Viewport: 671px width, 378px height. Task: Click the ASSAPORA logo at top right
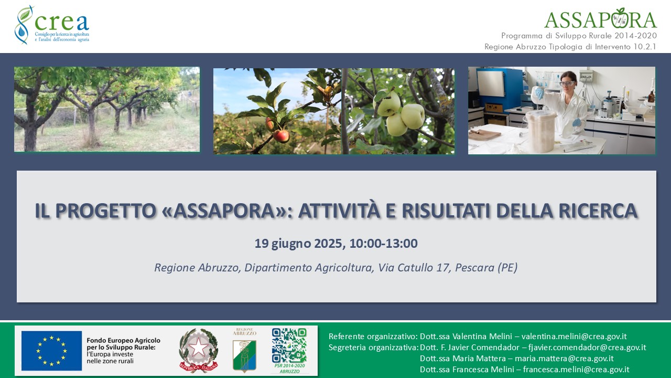[x=600, y=19]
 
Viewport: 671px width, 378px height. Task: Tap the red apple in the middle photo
[x=282, y=136]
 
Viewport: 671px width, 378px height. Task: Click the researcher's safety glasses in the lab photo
[x=566, y=83]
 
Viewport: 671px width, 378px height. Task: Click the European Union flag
[x=51, y=350]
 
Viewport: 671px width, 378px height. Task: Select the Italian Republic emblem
[x=198, y=350]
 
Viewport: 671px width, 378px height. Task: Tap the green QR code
[x=289, y=345]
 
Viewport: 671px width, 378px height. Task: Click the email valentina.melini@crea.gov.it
[x=574, y=336]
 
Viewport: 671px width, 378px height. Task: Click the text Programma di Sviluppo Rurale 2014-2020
[x=579, y=36]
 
